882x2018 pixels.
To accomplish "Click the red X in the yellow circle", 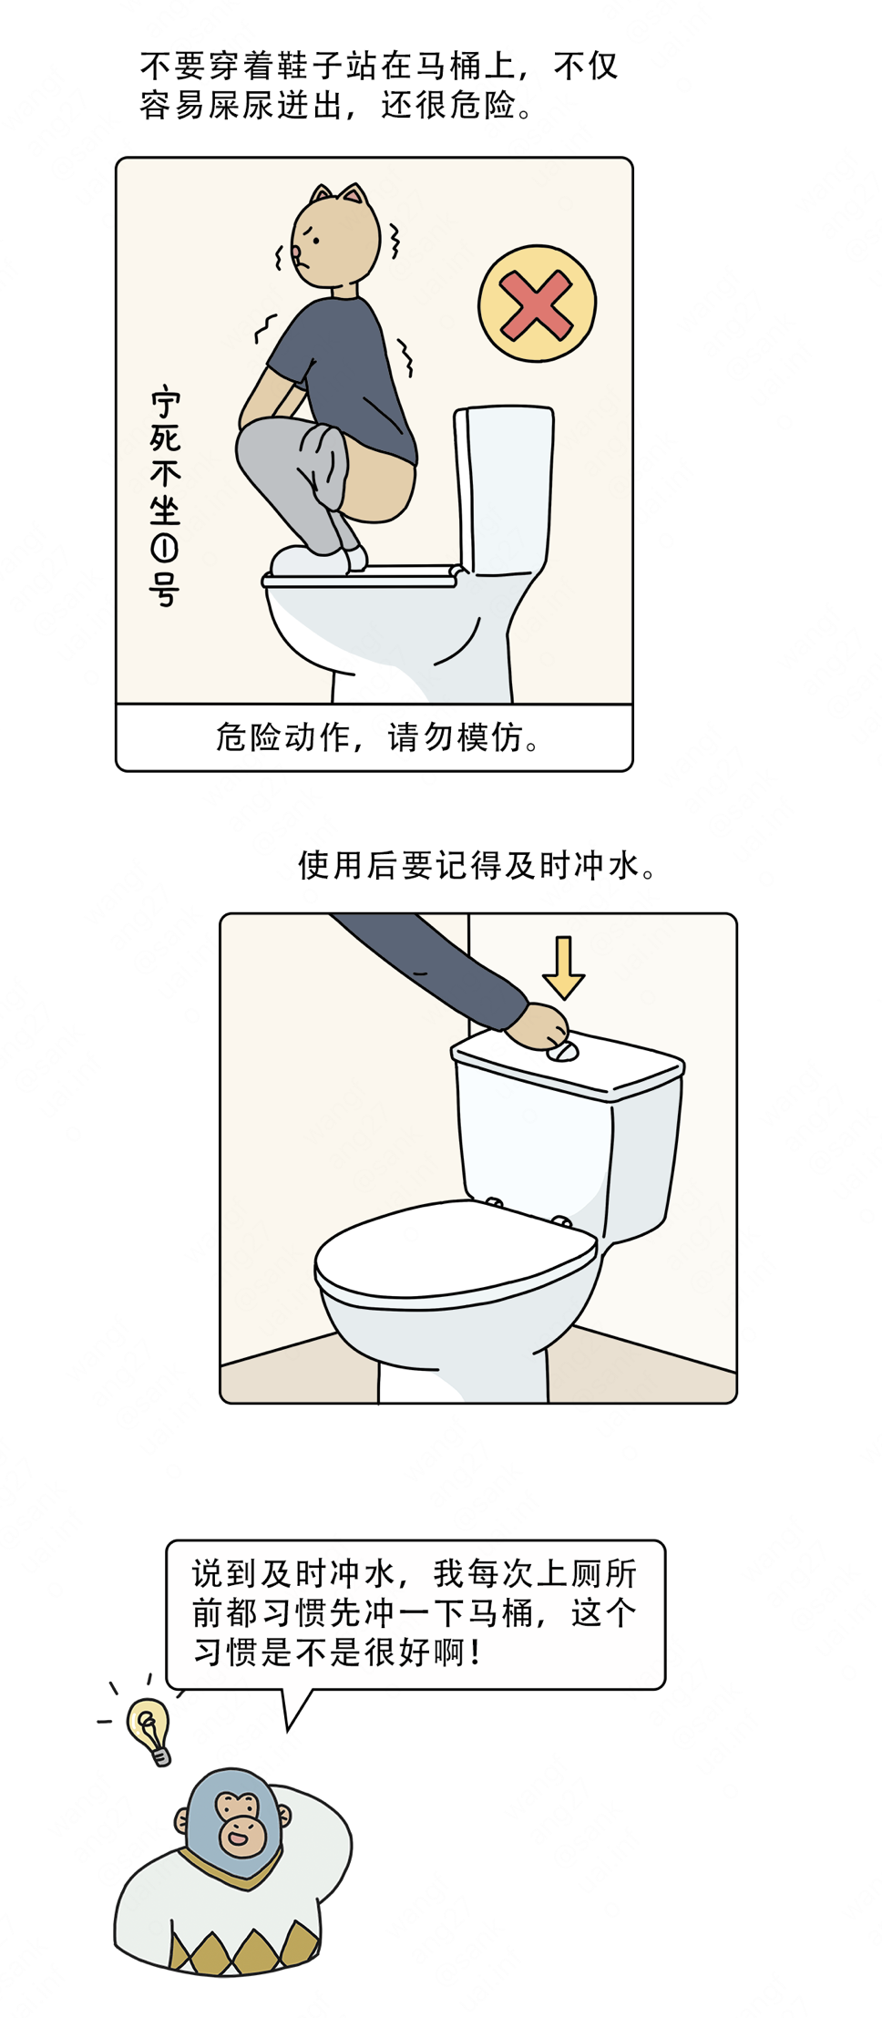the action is coord(536,304).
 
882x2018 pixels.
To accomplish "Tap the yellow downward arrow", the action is coord(564,966).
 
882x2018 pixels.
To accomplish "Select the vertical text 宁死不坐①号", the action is coord(165,497).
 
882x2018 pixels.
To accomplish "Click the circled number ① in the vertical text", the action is coord(165,548).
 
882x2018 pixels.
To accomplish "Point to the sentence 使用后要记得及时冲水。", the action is coord(477,865).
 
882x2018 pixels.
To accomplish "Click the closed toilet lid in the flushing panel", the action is coord(456,1253).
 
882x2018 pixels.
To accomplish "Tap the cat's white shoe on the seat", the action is coord(310,561).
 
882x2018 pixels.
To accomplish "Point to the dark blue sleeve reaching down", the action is coord(428,966).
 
